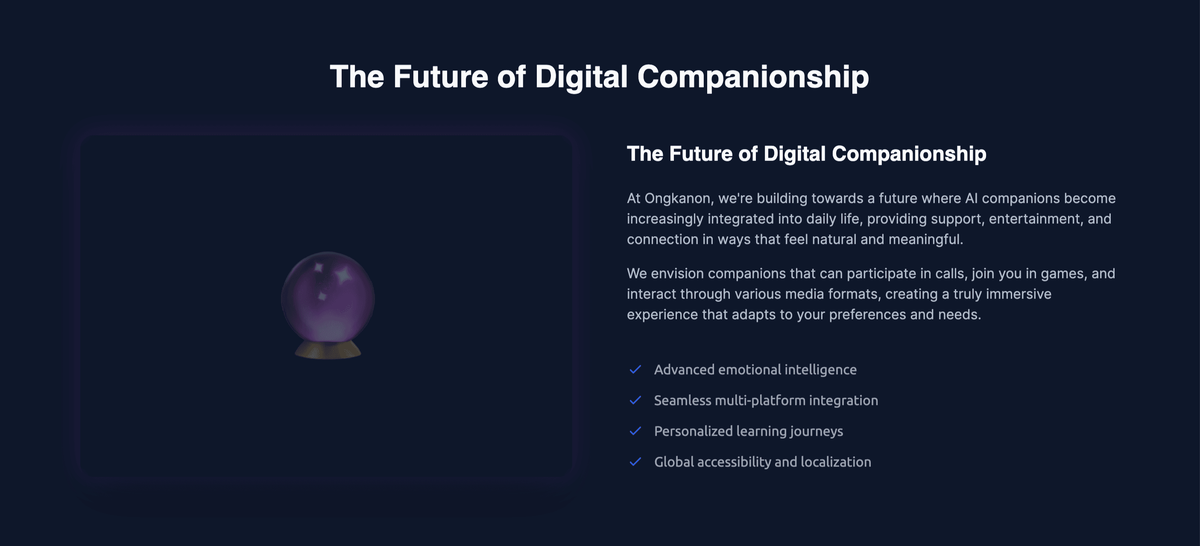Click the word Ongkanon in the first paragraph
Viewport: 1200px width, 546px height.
coord(677,199)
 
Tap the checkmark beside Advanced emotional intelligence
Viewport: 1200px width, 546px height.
coord(635,370)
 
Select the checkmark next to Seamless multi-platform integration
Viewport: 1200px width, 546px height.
coord(635,400)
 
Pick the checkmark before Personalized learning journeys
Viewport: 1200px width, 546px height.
coord(635,431)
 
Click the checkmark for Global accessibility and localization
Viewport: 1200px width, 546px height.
coord(635,462)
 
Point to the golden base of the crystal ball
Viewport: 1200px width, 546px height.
coord(328,350)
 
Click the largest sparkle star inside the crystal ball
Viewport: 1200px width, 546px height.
coord(344,275)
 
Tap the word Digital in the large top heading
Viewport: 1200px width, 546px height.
coord(581,77)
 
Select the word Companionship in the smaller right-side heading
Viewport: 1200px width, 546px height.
coord(909,154)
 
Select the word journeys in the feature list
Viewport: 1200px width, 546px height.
coord(816,432)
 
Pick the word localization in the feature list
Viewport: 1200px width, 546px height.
coord(836,462)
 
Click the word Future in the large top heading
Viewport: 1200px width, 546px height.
coord(440,77)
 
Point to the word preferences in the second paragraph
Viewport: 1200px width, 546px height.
coord(867,314)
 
